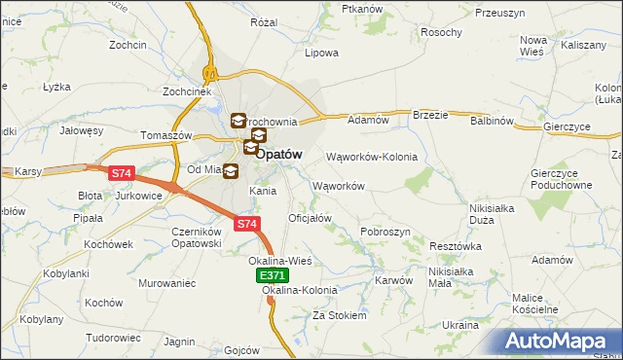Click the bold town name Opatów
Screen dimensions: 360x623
[279, 154]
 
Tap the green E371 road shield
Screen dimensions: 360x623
[273, 277]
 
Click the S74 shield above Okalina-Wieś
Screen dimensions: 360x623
[247, 225]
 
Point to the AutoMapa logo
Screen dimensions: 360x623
[560, 342]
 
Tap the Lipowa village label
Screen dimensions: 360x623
[321, 53]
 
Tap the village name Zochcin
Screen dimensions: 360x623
[128, 46]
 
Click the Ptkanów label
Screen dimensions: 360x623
[362, 9]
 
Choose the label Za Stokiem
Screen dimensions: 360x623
[339, 315]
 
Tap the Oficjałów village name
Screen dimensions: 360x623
[311, 218]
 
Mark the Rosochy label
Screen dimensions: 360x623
[441, 32]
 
